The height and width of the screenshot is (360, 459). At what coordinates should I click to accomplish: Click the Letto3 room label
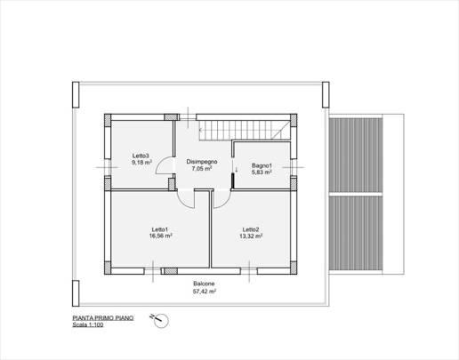pyautogui.click(x=141, y=156)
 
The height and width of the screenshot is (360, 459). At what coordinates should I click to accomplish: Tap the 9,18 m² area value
pyautogui.click(x=142, y=162)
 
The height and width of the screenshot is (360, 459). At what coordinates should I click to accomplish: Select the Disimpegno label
pyautogui.click(x=202, y=162)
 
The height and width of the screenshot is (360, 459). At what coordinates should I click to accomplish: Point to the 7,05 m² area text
pyautogui.click(x=202, y=169)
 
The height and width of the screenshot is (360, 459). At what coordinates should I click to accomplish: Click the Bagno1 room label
pyautogui.click(x=262, y=165)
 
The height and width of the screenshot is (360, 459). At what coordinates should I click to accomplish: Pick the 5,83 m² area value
pyautogui.click(x=262, y=172)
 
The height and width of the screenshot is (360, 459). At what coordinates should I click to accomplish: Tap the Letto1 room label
pyautogui.click(x=160, y=229)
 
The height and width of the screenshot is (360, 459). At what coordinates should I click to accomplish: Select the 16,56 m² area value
pyautogui.click(x=161, y=236)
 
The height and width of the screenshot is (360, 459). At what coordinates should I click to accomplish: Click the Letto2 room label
pyautogui.click(x=251, y=229)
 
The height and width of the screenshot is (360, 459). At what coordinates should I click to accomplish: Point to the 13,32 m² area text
pyautogui.click(x=251, y=236)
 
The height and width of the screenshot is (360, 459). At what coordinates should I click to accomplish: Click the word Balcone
pyautogui.click(x=204, y=284)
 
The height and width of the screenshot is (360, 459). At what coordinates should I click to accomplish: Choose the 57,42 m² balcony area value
pyautogui.click(x=205, y=292)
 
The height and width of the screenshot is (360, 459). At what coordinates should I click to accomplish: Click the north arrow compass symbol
pyautogui.click(x=160, y=320)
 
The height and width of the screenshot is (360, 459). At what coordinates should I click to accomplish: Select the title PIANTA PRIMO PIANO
pyautogui.click(x=103, y=318)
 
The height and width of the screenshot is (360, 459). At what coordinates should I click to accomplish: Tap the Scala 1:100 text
pyautogui.click(x=88, y=325)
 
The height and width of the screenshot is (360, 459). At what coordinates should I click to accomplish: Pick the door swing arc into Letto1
pyautogui.click(x=181, y=203)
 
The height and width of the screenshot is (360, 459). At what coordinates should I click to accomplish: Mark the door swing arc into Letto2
pyautogui.click(x=226, y=204)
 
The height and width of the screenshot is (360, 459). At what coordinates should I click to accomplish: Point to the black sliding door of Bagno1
pyautogui.click(x=233, y=180)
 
